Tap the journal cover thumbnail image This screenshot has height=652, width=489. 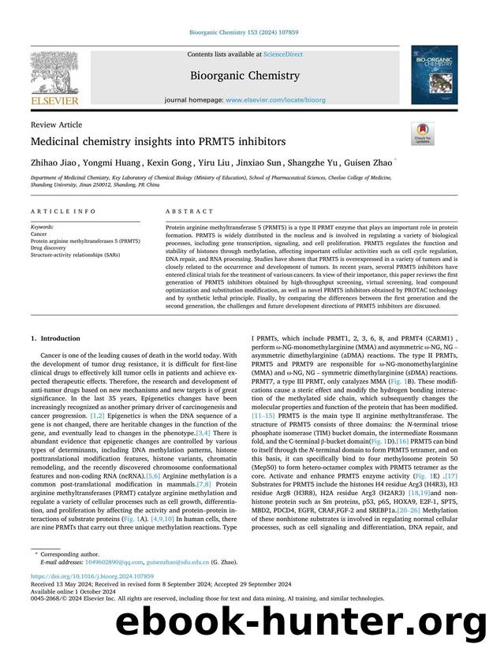click(x=433, y=74)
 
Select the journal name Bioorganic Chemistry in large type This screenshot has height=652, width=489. click(x=244, y=76)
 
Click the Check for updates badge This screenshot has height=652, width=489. click(x=422, y=133)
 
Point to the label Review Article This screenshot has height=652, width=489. click(x=56, y=125)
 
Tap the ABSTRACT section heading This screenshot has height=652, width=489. click(x=189, y=211)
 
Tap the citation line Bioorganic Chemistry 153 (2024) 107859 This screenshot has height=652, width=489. click(x=244, y=32)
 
